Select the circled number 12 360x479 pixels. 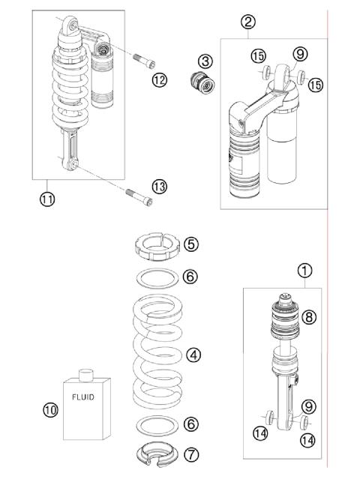tap(159, 79)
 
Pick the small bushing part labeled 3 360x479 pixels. tap(202, 82)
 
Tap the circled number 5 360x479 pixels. tap(190, 244)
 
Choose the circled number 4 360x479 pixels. tap(195, 355)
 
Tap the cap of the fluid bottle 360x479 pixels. tap(85, 372)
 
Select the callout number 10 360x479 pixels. tap(50, 409)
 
